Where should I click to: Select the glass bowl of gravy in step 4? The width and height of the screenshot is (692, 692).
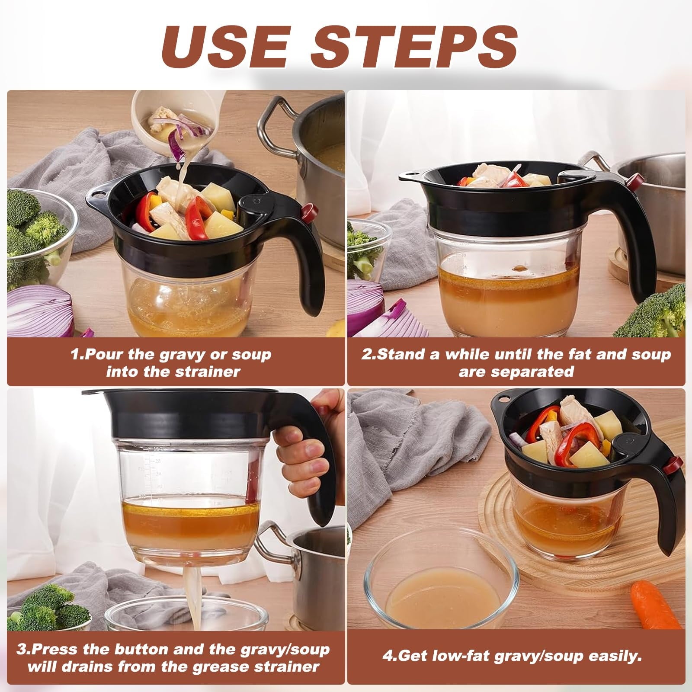coord(441,595)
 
